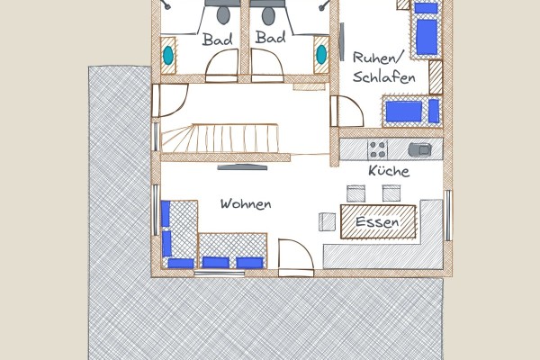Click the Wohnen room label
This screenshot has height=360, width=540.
[x=246, y=203]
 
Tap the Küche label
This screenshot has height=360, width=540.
[x=389, y=170]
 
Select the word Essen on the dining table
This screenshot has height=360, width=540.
[x=377, y=221]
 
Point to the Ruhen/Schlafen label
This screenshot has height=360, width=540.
[x=383, y=67]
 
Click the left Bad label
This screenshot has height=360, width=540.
[x=217, y=39]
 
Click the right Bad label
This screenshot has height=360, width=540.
[x=271, y=37]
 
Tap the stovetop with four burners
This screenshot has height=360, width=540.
[x=377, y=149]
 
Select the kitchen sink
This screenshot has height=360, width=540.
[x=419, y=149]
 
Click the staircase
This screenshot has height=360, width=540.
[x=220, y=139]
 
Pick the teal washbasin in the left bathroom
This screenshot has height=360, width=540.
[x=168, y=55]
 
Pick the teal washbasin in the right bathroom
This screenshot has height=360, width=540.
[x=321, y=54]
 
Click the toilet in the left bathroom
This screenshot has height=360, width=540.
[x=223, y=15]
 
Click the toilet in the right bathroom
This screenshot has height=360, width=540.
[x=268, y=16]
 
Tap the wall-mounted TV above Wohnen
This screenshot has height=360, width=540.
[x=242, y=167]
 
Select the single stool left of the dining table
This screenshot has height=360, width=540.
[x=327, y=222]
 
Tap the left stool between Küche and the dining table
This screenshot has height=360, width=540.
[x=355, y=193]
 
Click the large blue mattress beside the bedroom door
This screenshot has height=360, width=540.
[x=404, y=112]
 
